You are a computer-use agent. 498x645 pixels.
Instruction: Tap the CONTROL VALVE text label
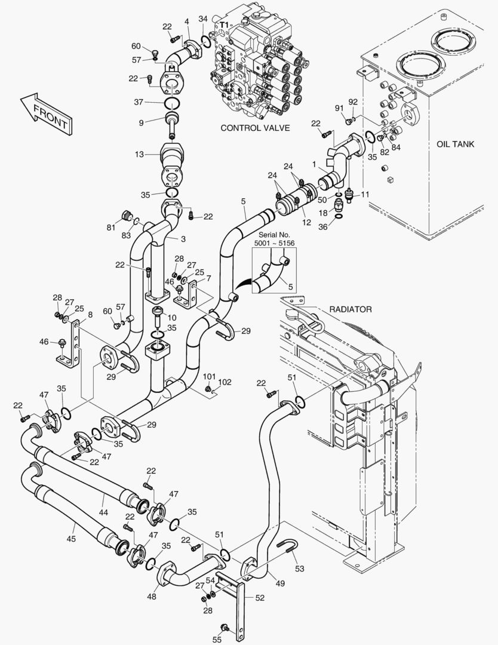255,128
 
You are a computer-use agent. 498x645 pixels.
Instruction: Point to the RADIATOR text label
351,309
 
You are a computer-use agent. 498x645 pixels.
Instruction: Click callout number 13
139,155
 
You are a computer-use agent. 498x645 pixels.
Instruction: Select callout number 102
225,382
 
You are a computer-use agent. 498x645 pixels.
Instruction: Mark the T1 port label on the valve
223,24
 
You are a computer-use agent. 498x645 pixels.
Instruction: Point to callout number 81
110,228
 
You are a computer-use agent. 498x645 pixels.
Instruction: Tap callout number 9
141,123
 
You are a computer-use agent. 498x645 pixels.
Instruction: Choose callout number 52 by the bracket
260,597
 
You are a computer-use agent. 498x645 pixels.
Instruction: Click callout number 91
339,108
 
